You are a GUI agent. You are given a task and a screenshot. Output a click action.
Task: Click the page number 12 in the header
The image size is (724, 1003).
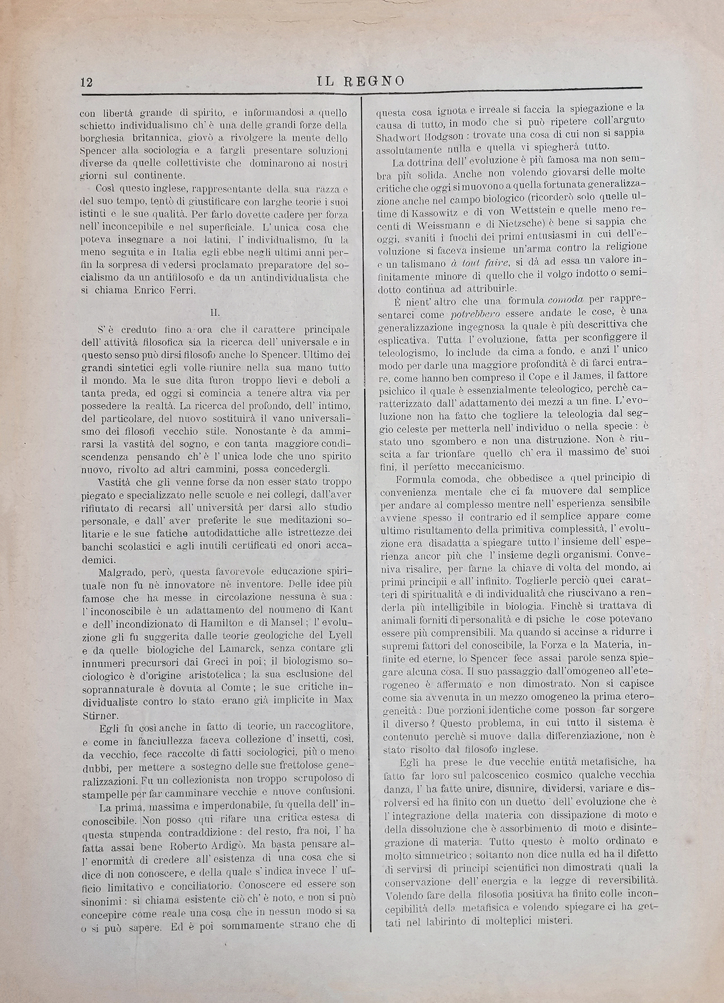click(x=86, y=82)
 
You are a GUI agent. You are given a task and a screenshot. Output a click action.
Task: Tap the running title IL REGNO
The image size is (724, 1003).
click(x=360, y=80)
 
